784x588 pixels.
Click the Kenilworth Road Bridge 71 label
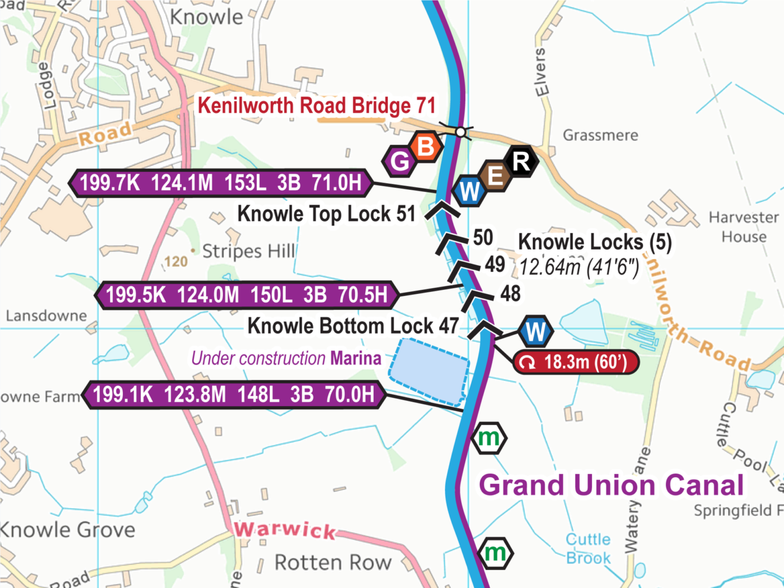[x=316, y=106]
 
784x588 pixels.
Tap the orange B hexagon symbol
[x=425, y=146]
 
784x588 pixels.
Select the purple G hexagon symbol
[x=400, y=161]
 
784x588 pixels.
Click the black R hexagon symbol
[x=521, y=161]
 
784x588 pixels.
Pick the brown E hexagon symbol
[x=495, y=176]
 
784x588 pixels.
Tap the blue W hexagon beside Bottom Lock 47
[x=535, y=332]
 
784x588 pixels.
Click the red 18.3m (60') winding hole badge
[x=576, y=362]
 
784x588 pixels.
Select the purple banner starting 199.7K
[x=220, y=183]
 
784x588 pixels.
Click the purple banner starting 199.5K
[x=246, y=295]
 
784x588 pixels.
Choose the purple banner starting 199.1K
[x=233, y=395]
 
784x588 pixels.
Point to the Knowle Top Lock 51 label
[x=326, y=213]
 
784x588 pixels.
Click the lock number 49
[x=495, y=264]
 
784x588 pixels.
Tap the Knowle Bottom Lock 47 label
[x=353, y=326]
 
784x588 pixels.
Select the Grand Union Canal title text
[x=611, y=485]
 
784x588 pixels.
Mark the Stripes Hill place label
[x=248, y=251]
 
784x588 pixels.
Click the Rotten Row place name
[x=333, y=562]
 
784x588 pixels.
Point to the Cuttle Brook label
[x=588, y=549]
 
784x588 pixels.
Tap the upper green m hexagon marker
[x=489, y=438]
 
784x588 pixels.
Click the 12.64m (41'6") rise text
[x=579, y=267]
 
